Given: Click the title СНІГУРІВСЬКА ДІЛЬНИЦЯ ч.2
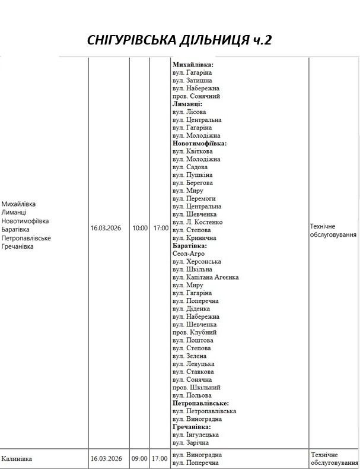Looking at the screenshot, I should (179, 40).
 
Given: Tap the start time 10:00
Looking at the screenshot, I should (140, 227).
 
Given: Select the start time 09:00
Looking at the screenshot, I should (140, 458).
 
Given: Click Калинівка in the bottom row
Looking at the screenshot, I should (17, 458).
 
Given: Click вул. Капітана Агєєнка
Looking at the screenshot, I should (205, 277).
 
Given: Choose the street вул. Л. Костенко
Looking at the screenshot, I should (197, 222).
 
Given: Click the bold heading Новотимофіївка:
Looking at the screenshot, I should (200, 144).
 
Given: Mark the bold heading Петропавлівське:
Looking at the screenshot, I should (201, 403).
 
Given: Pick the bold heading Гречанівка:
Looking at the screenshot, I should (192, 427).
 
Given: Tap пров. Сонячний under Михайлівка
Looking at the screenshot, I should (196, 96).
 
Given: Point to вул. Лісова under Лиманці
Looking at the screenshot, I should (189, 112).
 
